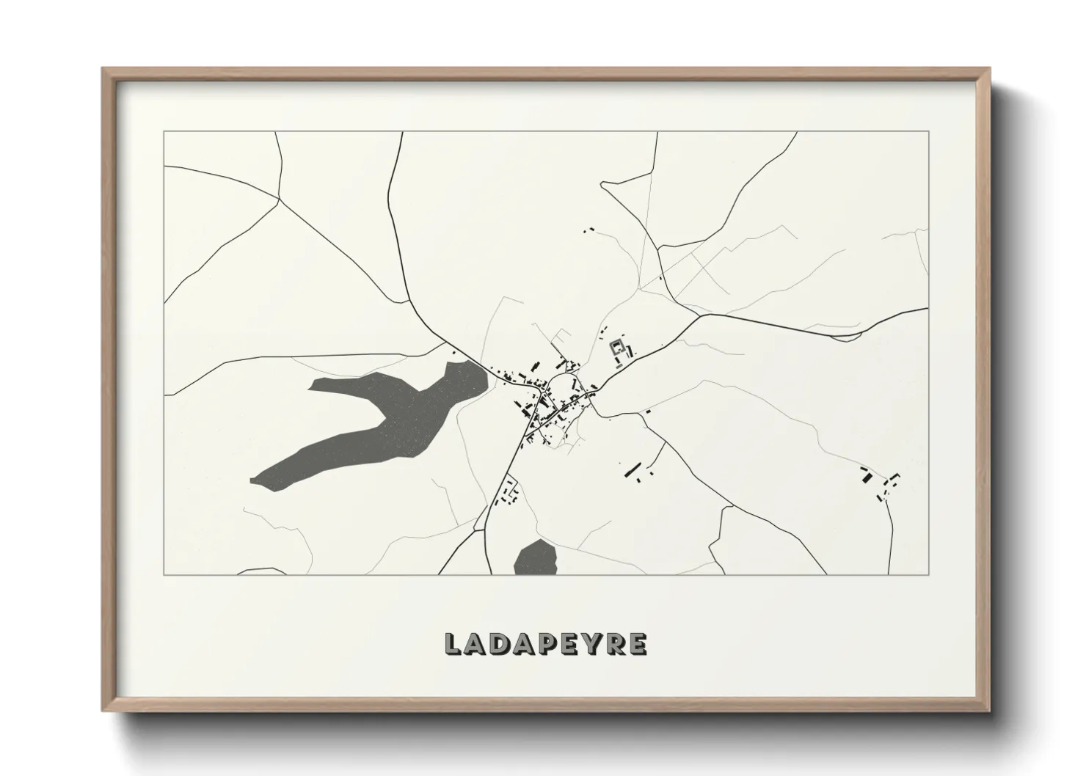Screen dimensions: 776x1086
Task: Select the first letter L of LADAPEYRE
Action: [453, 644]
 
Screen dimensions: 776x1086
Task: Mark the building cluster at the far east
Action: [879, 482]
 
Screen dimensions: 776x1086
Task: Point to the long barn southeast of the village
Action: [630, 469]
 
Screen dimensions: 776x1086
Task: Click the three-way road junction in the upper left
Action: [279, 197]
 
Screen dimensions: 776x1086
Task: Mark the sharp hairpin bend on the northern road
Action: [603, 184]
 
